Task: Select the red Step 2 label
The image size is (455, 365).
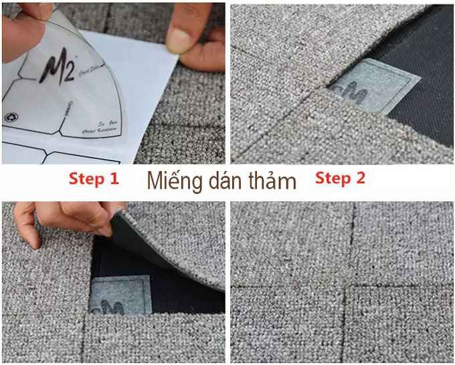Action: point(341,178)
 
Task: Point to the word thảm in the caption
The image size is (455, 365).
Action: point(270,180)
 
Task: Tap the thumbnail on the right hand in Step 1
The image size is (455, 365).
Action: point(179,40)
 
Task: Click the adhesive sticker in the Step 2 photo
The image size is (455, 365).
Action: point(375,87)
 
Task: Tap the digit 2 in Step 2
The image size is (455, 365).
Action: point(361,178)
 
